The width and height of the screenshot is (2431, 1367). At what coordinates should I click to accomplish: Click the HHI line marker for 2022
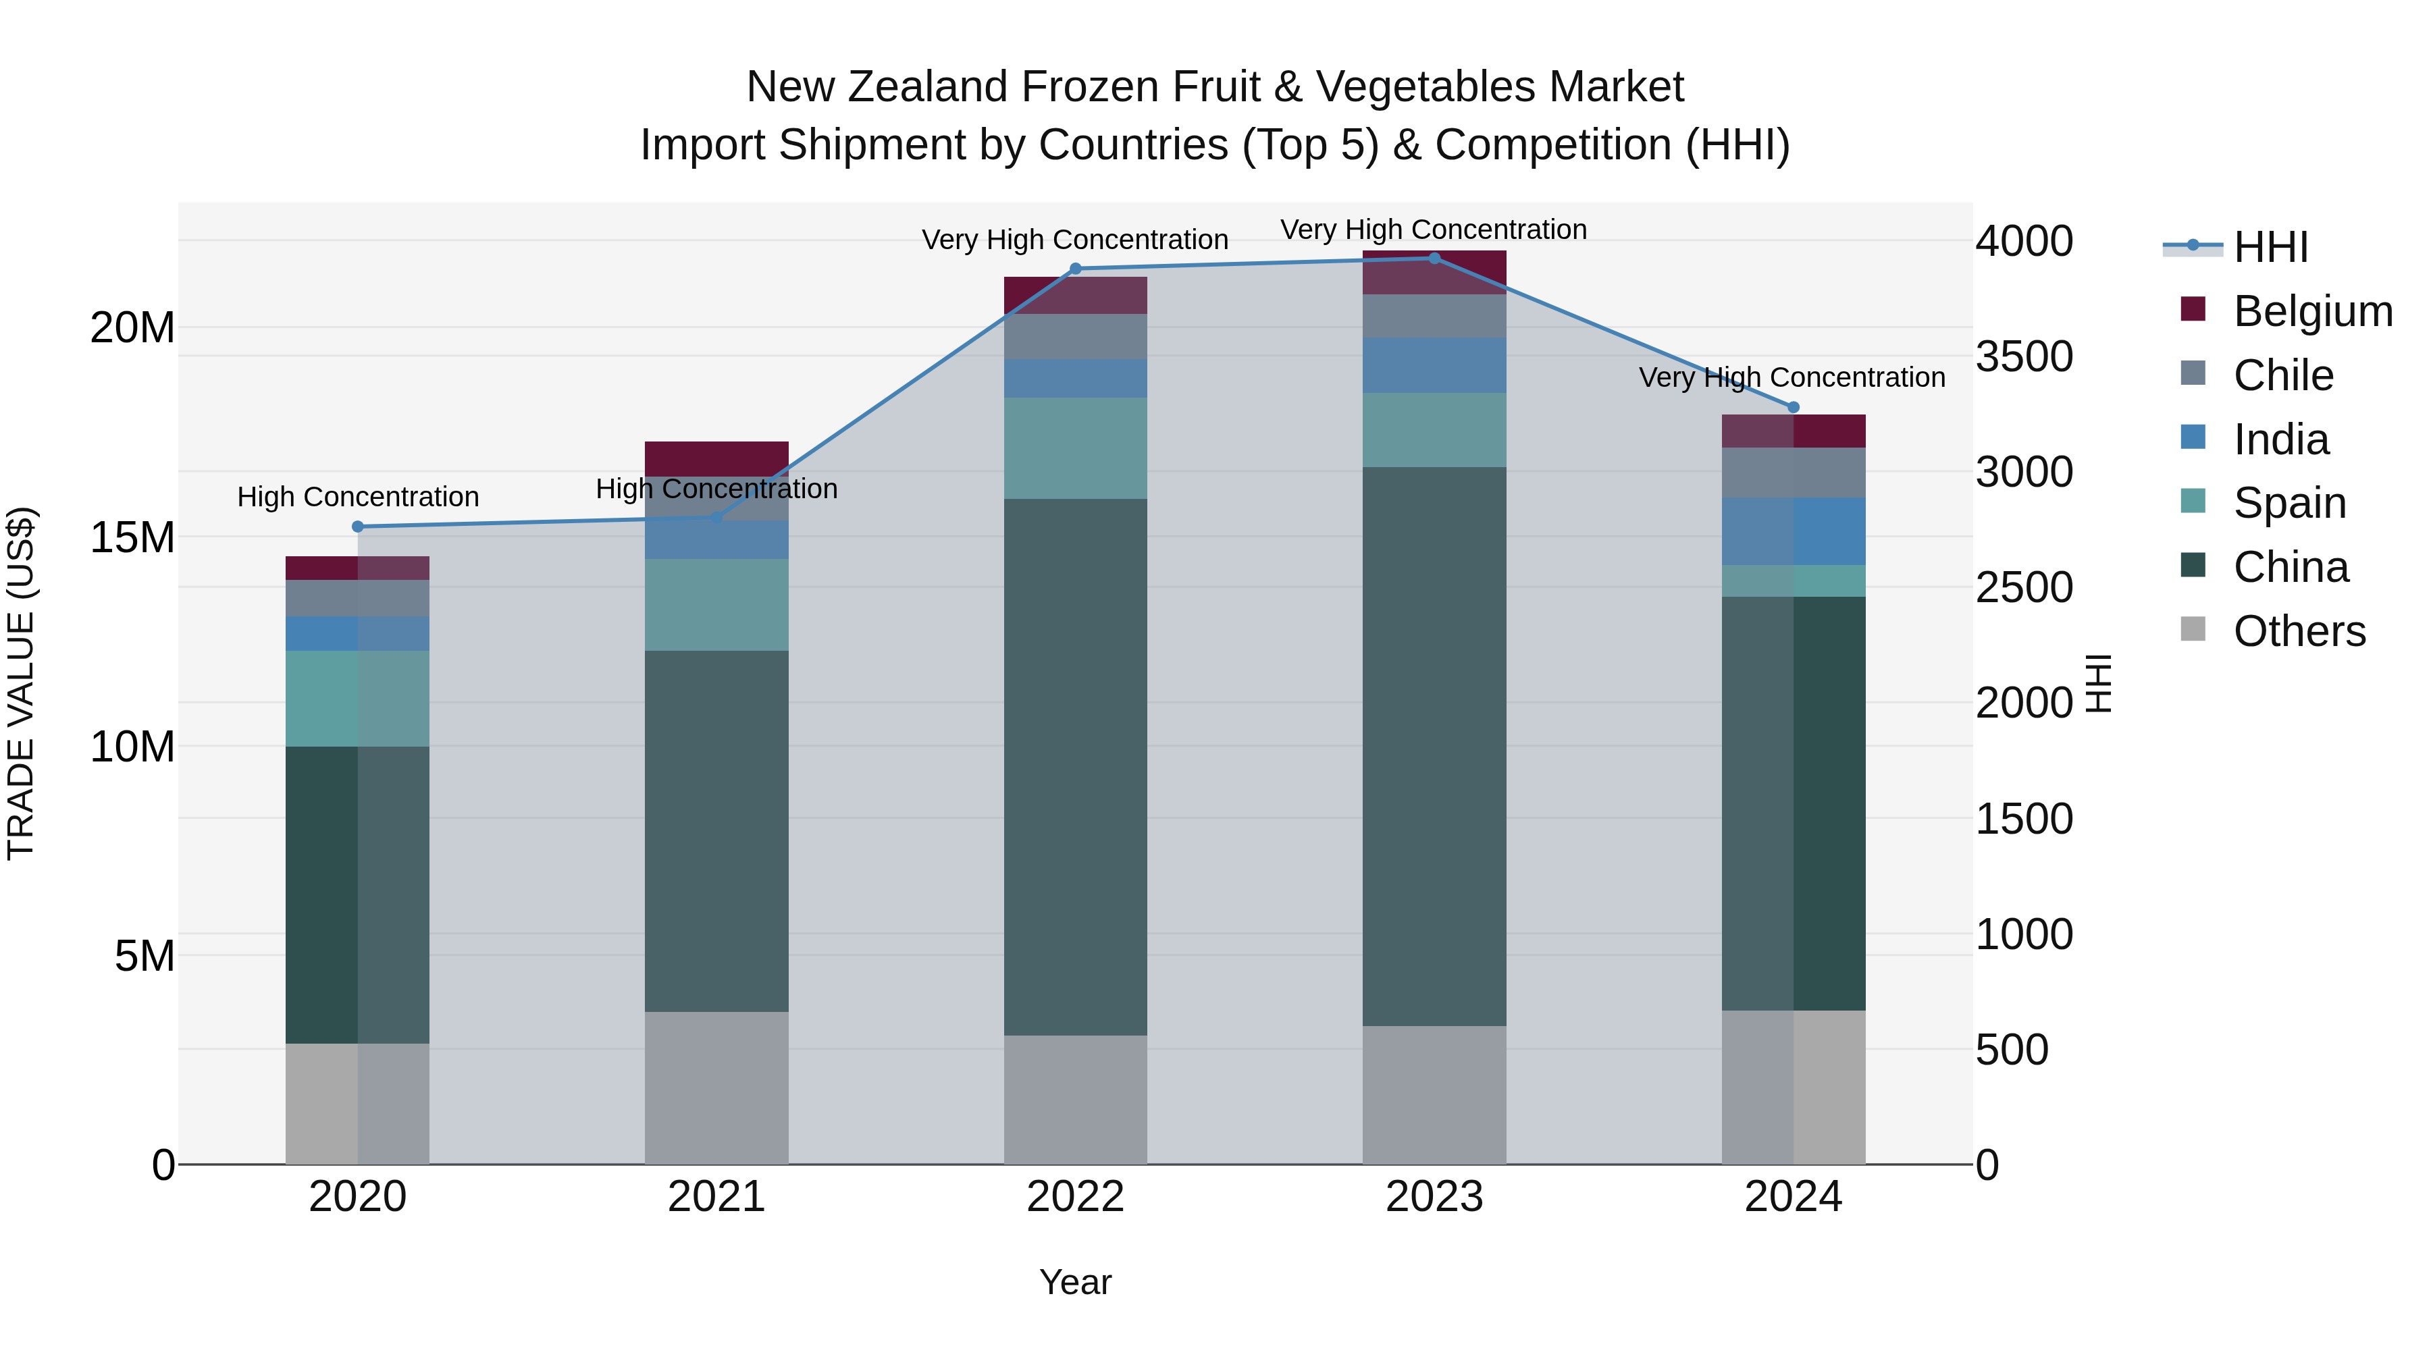(x=1075, y=269)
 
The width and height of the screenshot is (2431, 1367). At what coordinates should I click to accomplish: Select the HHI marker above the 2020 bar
(x=358, y=527)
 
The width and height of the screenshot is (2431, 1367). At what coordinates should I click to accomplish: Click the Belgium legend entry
(x=2312, y=311)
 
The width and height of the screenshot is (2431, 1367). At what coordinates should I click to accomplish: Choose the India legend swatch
(x=2193, y=437)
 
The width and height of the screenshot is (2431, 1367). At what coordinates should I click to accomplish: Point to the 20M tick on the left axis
(x=132, y=328)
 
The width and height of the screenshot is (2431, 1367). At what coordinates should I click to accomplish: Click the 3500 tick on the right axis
(x=2024, y=356)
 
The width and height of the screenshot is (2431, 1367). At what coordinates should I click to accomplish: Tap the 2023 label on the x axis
(x=1434, y=1197)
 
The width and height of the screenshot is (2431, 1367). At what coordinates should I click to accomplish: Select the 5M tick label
(x=145, y=957)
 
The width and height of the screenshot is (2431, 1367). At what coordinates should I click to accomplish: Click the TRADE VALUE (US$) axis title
(x=21, y=683)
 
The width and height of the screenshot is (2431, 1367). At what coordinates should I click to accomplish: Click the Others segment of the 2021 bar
(x=716, y=1087)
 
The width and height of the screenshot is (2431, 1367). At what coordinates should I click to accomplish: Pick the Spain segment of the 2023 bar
(x=1434, y=429)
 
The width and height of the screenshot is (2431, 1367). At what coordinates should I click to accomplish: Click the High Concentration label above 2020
(x=358, y=496)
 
